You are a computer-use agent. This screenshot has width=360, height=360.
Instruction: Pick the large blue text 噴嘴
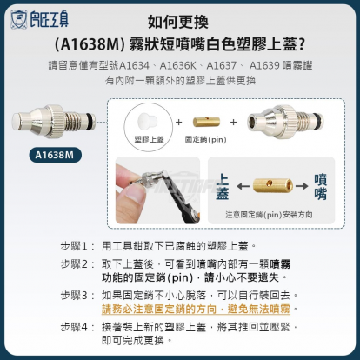tap(323, 183)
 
